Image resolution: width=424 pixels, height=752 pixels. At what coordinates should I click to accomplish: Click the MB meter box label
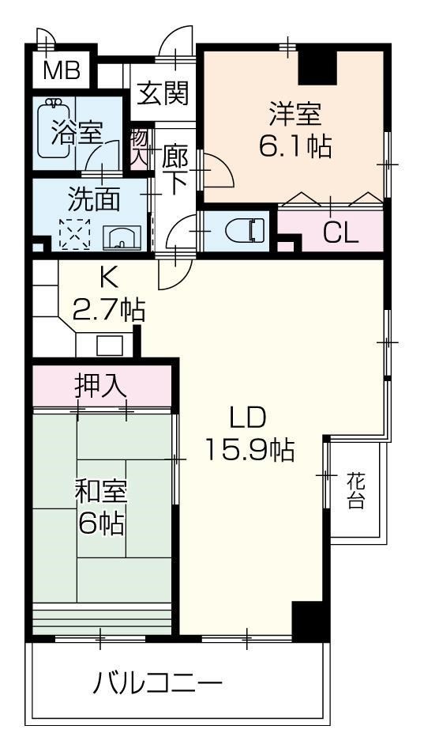tap(61, 72)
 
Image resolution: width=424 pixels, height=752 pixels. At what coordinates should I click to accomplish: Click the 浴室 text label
tap(76, 132)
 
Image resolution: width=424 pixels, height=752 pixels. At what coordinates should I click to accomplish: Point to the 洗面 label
tap(93, 198)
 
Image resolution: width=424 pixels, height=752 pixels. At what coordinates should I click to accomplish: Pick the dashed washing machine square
tap(77, 234)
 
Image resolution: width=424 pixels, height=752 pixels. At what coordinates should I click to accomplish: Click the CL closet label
tap(341, 232)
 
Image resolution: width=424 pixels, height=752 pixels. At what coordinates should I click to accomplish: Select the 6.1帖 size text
tap(295, 147)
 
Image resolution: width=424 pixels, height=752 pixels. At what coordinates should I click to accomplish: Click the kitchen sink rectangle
tap(109, 346)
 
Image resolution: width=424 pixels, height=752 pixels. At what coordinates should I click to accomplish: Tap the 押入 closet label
tap(100, 386)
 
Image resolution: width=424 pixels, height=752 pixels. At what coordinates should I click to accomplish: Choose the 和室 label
tap(100, 491)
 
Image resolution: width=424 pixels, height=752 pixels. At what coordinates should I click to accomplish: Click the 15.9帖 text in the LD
tap(250, 449)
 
